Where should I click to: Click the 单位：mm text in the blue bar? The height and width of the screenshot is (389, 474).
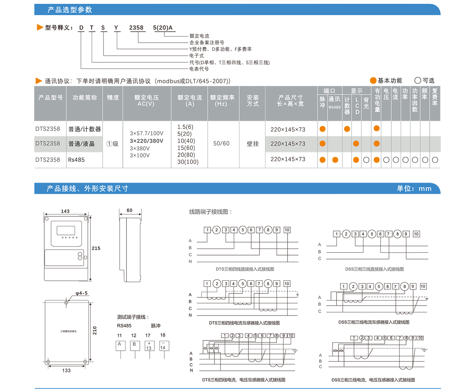(x=414, y=188)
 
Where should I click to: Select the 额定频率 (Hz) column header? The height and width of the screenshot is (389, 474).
(x=224, y=101)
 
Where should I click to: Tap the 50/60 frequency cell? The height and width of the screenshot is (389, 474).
(x=221, y=143)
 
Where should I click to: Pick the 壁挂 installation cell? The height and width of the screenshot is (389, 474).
(x=253, y=143)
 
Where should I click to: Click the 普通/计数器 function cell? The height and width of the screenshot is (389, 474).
(x=85, y=129)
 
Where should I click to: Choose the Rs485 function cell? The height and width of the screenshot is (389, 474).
(x=76, y=160)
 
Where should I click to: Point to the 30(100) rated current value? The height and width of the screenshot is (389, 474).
(x=188, y=162)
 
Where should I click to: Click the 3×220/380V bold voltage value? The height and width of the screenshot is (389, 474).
(x=147, y=141)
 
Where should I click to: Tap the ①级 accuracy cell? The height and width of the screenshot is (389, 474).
(x=113, y=144)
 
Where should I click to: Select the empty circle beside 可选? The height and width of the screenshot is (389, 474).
(x=418, y=81)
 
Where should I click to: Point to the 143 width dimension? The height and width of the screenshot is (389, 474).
(x=66, y=211)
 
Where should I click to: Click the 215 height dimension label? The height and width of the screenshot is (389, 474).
(x=96, y=248)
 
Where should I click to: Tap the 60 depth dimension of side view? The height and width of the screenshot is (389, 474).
(x=130, y=210)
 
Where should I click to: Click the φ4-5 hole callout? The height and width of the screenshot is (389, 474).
(x=81, y=293)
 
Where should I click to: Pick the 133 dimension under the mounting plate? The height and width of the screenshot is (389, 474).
(x=66, y=370)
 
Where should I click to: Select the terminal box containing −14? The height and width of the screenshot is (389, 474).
(x=163, y=346)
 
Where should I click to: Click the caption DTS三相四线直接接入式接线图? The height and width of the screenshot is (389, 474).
(x=245, y=269)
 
